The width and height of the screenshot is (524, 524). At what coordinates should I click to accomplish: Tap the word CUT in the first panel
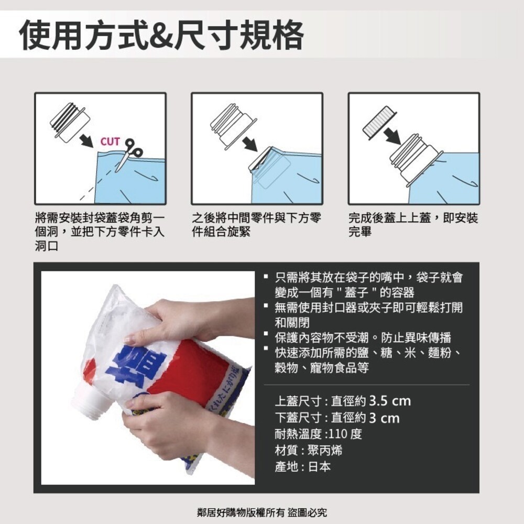tap(110, 141)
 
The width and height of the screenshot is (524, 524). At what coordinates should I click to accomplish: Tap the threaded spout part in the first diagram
tap(68, 123)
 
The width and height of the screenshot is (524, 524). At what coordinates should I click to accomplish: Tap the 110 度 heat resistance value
tap(346, 434)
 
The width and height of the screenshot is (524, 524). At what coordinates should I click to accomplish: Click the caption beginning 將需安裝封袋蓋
tap(100, 231)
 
